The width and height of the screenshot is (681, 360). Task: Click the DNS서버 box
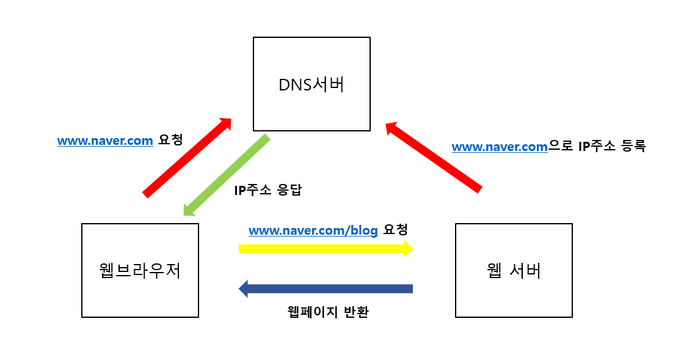[311, 84]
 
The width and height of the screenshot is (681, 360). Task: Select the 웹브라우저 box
[140, 270]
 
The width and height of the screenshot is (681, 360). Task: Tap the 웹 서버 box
[514, 270]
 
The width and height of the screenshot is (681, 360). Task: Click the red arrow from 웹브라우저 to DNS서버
[186, 157]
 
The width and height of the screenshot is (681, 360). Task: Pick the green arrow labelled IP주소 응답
[227, 175]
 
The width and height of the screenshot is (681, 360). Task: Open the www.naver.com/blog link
[313, 230]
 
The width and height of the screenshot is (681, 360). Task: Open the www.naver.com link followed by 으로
[500, 147]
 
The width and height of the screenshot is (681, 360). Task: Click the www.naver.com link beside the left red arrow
[105, 141]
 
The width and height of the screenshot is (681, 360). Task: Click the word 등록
[632, 147]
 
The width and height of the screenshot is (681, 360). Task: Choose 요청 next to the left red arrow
[170, 141]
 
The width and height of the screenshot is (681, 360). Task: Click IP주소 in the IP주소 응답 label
[250, 190]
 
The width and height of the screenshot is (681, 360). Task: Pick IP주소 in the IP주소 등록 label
[595, 147]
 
